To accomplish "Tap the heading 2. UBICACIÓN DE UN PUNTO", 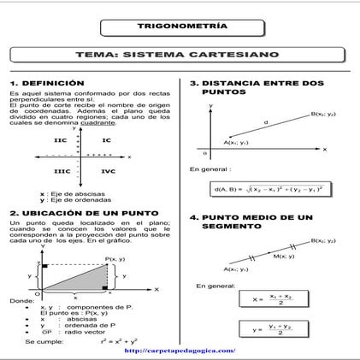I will [82, 212].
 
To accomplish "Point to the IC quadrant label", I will [106, 139].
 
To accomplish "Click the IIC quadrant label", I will [60, 139].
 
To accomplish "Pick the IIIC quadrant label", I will [61, 171].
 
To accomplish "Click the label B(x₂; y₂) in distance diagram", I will [323, 114].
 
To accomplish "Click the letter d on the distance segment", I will [265, 122].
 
